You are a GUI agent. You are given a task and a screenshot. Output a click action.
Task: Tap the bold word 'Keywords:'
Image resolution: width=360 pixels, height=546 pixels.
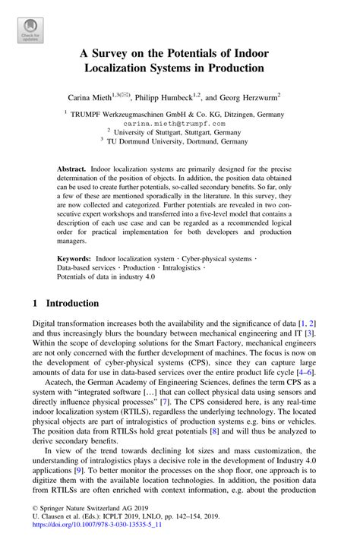pyautogui.click(x=74, y=259)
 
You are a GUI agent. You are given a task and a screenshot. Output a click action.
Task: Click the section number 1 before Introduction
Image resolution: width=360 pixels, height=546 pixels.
pyautogui.click(x=36, y=301)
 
